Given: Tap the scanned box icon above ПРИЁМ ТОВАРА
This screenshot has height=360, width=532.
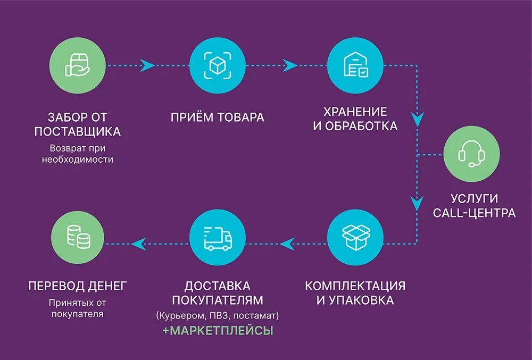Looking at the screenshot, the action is [x=217, y=65].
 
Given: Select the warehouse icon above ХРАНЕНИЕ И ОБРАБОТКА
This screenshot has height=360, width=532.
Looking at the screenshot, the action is [x=355, y=65].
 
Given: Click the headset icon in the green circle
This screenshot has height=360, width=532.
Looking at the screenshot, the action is [x=471, y=155].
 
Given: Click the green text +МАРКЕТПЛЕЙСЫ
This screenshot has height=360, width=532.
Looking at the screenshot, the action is [x=218, y=331].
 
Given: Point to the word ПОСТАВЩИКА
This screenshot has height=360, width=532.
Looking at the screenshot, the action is [x=77, y=131].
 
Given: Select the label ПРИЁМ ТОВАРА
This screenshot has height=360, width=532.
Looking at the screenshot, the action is [x=218, y=118].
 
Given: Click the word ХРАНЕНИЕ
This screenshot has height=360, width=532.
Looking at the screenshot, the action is [x=355, y=112].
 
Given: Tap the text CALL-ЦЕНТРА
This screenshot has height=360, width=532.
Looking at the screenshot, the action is [x=474, y=213].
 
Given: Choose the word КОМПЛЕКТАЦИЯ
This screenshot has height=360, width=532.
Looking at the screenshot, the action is [x=355, y=286].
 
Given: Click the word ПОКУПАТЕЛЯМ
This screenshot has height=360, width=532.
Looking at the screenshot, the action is [x=218, y=300].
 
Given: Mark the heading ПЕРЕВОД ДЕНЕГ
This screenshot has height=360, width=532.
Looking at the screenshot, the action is [x=77, y=286].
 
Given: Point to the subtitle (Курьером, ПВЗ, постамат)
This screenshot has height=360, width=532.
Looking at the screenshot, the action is [x=218, y=316].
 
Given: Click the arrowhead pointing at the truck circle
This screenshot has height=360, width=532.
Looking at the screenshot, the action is [x=287, y=244].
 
